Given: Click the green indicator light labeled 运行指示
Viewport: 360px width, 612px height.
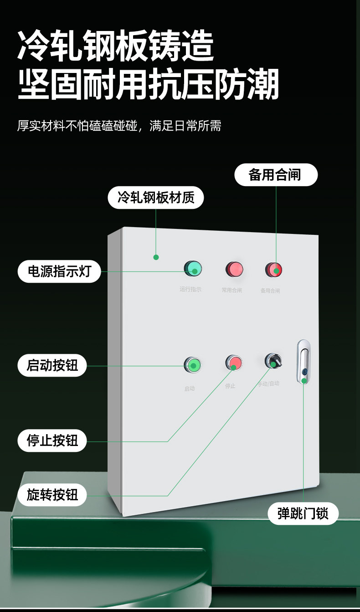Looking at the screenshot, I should (x=193, y=269).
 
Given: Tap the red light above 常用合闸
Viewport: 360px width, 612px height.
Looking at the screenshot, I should (x=234, y=269).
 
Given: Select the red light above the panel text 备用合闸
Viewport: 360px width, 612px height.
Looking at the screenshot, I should (x=274, y=270).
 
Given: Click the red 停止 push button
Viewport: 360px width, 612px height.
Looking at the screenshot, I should (x=233, y=363).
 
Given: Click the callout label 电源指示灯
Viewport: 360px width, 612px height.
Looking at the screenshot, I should (x=59, y=271).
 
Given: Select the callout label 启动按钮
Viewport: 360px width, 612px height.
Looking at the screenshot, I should (x=52, y=365).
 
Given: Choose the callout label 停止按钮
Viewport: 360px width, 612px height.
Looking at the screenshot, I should (x=52, y=441).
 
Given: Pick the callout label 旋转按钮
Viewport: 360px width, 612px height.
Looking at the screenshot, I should (x=52, y=495).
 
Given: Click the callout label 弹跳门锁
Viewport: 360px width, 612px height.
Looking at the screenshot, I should (x=303, y=513).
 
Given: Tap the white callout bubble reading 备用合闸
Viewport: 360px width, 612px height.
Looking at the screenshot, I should (x=276, y=175).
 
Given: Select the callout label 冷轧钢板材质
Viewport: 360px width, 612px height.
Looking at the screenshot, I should (x=156, y=197).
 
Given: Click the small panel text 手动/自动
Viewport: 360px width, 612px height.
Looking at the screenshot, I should (x=268, y=384).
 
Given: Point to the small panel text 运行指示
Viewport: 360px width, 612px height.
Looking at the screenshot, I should (x=190, y=289).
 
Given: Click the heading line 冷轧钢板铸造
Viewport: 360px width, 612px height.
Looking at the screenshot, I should (x=116, y=47).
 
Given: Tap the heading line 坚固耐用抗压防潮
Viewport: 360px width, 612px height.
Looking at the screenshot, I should (x=148, y=85).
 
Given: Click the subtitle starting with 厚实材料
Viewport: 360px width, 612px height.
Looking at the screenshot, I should (x=119, y=126).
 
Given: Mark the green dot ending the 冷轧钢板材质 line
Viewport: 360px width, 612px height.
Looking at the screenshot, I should (x=156, y=257).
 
